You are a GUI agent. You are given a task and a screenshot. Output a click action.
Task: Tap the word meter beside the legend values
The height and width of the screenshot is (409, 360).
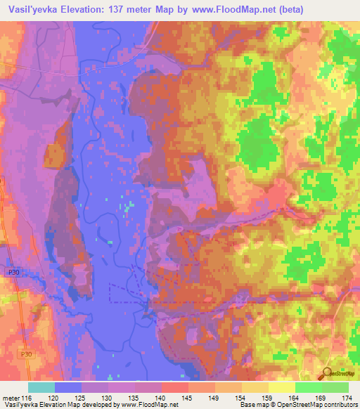click(9, 397)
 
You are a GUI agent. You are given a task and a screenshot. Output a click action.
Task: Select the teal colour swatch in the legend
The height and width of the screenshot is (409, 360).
click(41, 387)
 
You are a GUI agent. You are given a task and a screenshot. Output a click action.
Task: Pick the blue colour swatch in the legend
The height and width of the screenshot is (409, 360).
click(68, 387)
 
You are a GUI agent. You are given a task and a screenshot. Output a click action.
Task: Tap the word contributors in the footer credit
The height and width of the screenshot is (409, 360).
click(340, 405)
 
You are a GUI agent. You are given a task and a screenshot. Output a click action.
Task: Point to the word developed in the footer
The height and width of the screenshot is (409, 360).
click(98, 405)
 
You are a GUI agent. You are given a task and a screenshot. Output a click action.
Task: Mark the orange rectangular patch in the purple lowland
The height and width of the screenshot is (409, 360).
click(53, 155)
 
